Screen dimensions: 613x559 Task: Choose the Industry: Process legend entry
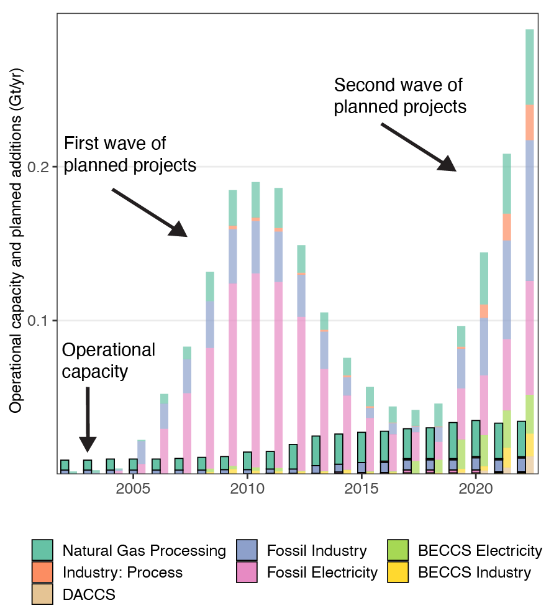122,572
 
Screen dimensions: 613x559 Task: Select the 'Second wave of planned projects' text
400,96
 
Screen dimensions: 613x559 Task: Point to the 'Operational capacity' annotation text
108,361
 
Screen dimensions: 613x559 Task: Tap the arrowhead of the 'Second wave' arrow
448,164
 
